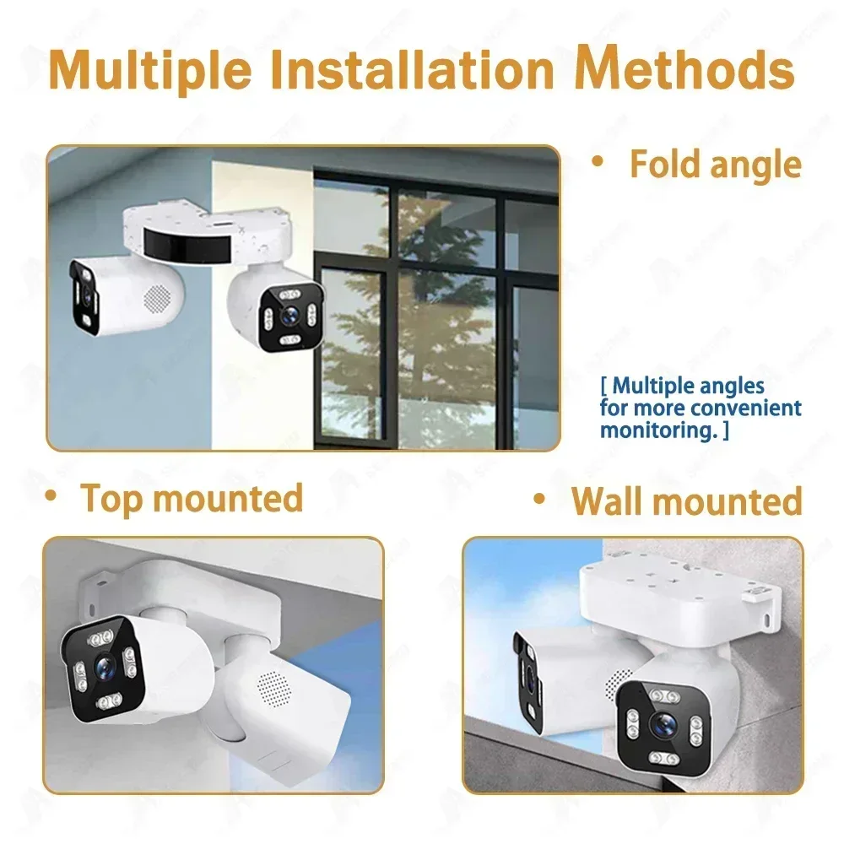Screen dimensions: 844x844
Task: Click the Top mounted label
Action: (x=192, y=497)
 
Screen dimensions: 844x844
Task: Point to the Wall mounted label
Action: (x=686, y=500)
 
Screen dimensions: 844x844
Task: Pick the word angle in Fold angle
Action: (x=756, y=165)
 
